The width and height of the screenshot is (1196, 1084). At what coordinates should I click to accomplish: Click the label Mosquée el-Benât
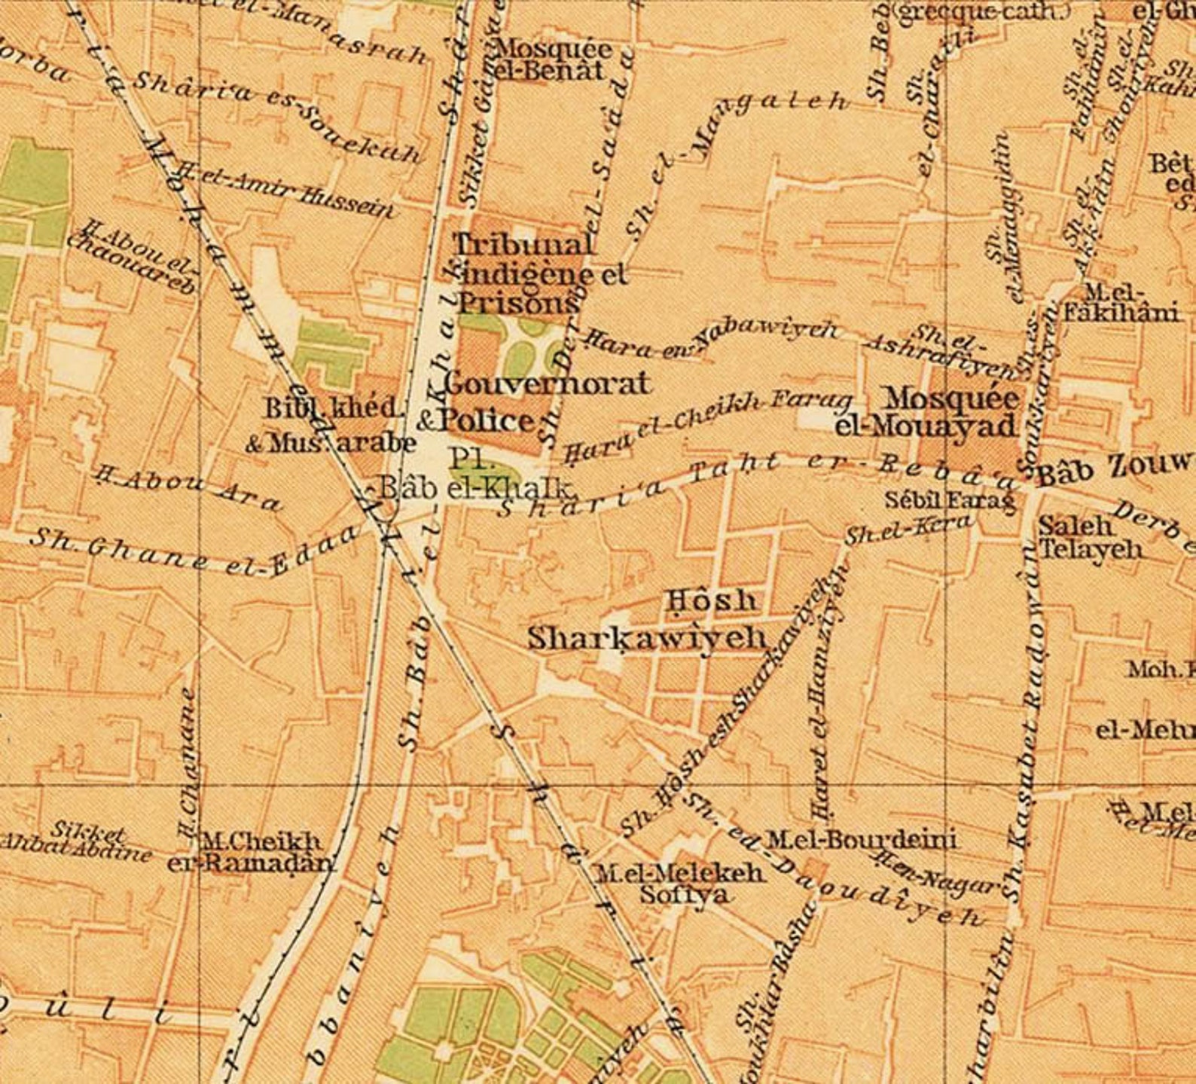552,60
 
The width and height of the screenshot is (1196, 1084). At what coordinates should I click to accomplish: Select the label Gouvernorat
546,383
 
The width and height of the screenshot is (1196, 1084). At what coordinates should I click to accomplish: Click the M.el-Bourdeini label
860,838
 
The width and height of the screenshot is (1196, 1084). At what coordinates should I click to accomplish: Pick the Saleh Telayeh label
1089,537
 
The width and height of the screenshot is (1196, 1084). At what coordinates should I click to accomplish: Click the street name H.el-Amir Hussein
286,191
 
